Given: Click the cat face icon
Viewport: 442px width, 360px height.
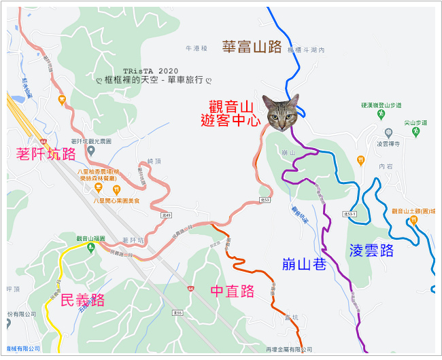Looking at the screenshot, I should pos(281,112).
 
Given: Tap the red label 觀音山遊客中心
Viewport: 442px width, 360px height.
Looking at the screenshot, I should pos(231,114).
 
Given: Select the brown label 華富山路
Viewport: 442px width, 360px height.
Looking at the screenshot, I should pos(252,46).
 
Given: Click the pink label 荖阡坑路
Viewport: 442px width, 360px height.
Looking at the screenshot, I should pos(46,154).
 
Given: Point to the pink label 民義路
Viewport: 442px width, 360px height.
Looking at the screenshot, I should pos(82,300).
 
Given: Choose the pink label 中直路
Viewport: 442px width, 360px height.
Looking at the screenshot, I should pos(232,291).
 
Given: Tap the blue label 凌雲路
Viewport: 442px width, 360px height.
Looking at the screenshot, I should pos(371,250).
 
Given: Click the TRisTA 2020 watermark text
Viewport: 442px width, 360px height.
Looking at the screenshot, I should pos(150,71).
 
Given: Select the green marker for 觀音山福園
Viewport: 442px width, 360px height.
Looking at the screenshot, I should pos(90,247).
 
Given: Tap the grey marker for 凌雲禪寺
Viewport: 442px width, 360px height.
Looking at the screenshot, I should pos(388,132).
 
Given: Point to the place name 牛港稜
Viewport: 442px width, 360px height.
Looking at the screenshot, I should pos(196,49).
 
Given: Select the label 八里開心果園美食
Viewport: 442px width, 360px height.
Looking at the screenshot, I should pos(116,200).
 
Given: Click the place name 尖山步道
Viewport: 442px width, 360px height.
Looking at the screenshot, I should pos(415,123).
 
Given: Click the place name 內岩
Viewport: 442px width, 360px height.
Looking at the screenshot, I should pos(386,165).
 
